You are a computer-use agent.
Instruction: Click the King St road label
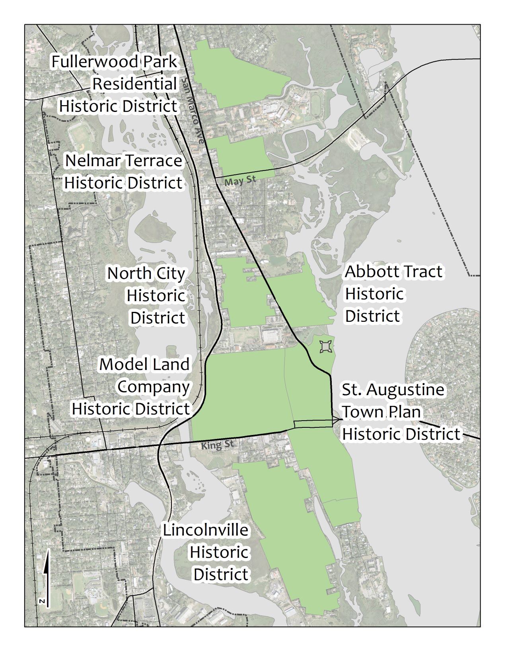pos(217,445)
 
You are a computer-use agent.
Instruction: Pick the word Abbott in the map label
pos(367,272)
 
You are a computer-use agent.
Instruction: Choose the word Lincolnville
pos(206,530)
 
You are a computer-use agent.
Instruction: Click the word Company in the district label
pos(154,387)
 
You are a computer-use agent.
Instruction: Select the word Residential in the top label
pos(134,84)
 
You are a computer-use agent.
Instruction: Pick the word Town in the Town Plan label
pos(358,412)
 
